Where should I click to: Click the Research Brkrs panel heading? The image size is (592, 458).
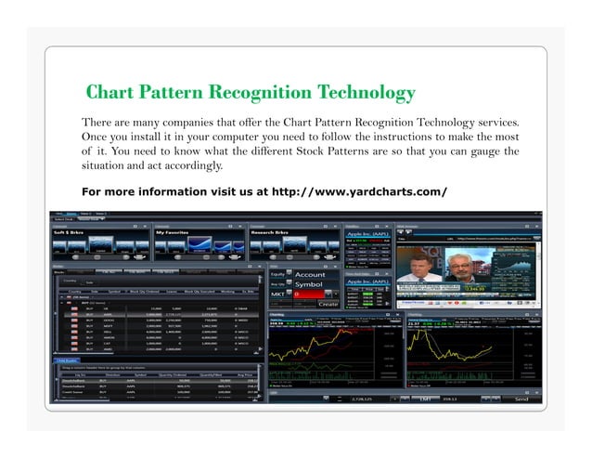273,232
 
